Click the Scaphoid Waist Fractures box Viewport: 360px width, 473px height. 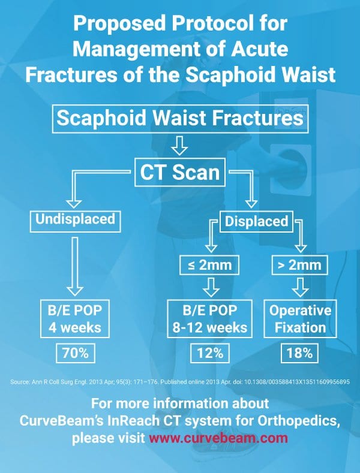180,119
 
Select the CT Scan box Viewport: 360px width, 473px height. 179,172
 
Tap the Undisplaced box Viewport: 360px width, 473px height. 75,221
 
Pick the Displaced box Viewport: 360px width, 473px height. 256,221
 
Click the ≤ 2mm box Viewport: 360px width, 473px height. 209,265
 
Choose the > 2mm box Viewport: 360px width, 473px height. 299,265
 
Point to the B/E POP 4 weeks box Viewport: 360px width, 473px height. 75,318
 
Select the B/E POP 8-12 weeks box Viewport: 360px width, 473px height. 209,318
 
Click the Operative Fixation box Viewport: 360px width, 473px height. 300,318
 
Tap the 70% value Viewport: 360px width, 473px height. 76,353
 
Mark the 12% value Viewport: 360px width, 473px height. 210,353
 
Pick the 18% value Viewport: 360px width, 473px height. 299,353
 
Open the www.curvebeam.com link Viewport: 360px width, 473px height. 218,438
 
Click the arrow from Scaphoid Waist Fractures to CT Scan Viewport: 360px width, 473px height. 179,146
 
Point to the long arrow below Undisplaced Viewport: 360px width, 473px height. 75,266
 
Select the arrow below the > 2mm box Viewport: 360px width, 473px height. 300,287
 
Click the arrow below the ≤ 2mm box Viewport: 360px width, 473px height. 211,287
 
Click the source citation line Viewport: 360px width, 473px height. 180,382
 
